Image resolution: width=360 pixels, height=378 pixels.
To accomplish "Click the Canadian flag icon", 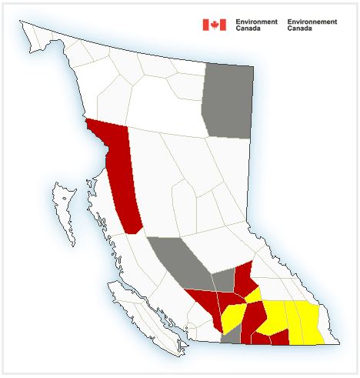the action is pyautogui.click(x=214, y=25).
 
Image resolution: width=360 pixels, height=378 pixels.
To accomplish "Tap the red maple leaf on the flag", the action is pyautogui.click(x=214, y=25).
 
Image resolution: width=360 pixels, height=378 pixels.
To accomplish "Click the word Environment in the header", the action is pyautogui.click(x=257, y=22).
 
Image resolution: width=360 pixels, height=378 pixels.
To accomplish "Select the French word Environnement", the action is pyautogui.click(x=312, y=22).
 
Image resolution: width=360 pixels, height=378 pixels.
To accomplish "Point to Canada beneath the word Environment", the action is pyautogui.click(x=248, y=28).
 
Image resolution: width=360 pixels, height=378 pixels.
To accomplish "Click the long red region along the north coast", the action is pyautogui.click(x=123, y=177).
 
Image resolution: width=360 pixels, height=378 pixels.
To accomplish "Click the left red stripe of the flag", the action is pyautogui.click(x=205, y=25).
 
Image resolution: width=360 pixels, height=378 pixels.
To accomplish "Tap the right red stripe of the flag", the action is pyautogui.click(x=222, y=25).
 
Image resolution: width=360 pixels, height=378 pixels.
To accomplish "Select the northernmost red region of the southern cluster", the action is pyautogui.click(x=245, y=277).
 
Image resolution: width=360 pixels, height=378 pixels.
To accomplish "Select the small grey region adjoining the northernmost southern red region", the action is pyautogui.click(x=224, y=281).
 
